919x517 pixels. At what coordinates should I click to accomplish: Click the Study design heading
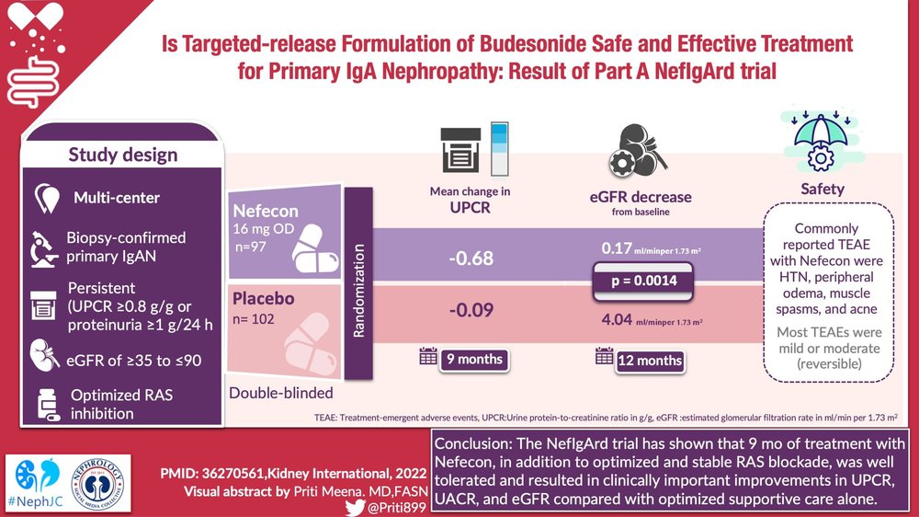(x=121, y=154)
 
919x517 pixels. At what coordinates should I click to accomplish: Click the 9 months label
(x=474, y=359)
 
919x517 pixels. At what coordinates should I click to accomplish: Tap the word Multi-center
(x=117, y=198)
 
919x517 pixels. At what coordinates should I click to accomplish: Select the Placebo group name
(x=265, y=300)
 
